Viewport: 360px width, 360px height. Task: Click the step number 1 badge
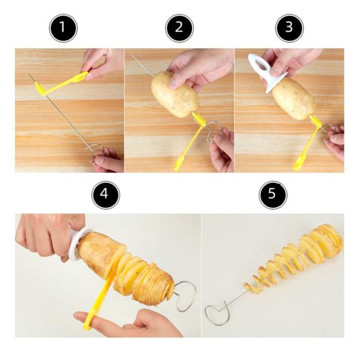tap(63, 29)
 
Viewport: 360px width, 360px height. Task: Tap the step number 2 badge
tap(179, 29)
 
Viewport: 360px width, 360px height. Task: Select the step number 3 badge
tap(288, 29)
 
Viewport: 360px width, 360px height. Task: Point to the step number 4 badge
tap(105, 195)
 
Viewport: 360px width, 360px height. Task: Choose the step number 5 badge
tap(273, 195)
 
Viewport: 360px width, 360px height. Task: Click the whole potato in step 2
tap(174, 94)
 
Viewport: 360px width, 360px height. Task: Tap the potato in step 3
tap(293, 99)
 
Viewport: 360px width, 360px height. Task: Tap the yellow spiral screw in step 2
tap(199, 121)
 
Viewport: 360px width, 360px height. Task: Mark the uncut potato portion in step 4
tap(102, 254)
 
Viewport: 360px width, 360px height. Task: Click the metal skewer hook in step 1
tap(95, 151)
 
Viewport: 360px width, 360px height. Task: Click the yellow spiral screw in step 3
tap(316, 122)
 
